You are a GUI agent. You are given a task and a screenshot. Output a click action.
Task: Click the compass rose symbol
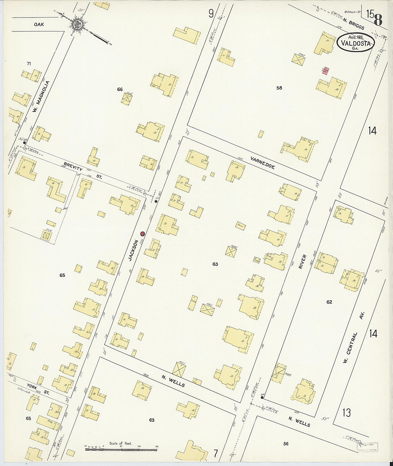tap(77, 25)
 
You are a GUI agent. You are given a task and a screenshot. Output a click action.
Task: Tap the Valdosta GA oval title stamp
tap(355, 43)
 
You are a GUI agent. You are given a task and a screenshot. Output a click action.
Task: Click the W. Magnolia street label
tap(40, 96)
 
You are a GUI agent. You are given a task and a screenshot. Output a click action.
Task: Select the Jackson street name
tap(133, 250)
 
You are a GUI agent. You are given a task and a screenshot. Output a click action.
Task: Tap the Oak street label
tap(39, 25)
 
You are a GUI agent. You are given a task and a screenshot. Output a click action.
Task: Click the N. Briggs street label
tap(353, 25)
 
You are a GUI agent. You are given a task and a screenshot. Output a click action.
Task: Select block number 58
tap(279, 88)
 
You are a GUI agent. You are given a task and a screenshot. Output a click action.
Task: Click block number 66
tap(120, 89)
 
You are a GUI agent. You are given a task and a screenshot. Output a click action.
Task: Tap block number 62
tap(329, 302)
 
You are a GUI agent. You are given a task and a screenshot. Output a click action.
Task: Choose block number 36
tap(285, 444)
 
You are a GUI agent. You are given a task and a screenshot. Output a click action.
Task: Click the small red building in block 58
tap(325, 71)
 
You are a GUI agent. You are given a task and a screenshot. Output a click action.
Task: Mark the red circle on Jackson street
tap(142, 234)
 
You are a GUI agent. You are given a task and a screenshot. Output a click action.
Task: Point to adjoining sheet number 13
tap(346, 413)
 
